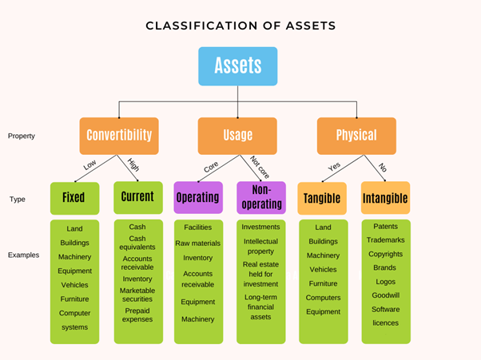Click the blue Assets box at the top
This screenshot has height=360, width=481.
[238, 66]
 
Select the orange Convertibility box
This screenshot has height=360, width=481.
[119, 136]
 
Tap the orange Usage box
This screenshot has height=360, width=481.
[237, 136]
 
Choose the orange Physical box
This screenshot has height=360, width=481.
[356, 136]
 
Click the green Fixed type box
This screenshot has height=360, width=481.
[74, 198]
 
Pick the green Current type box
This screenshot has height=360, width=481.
[137, 197]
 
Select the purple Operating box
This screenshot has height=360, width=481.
[198, 197]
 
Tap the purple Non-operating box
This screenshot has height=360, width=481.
[261, 197]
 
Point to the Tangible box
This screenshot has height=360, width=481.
[322, 198]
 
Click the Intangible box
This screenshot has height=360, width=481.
[385, 198]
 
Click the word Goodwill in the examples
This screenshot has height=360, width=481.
[386, 295]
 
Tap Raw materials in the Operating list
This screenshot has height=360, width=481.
[198, 243]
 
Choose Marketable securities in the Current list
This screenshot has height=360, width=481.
[137, 295]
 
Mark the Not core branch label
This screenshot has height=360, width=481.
[257, 167]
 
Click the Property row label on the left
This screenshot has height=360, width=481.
[22, 136]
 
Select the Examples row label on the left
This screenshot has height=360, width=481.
[24, 255]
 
